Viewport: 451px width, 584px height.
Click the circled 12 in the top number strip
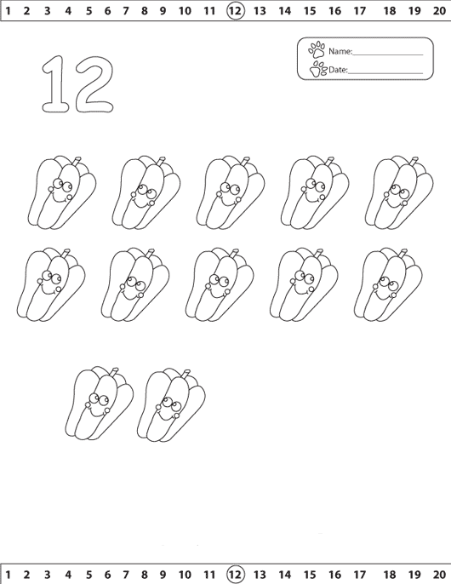(x=236, y=10)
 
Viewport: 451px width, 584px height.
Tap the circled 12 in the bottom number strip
(x=236, y=574)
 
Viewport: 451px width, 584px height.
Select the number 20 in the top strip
(x=439, y=11)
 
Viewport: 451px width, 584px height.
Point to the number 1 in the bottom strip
(x=8, y=575)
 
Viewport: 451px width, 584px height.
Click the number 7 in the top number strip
(x=125, y=11)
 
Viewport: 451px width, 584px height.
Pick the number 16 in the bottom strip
(x=334, y=575)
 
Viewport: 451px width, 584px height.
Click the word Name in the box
(x=340, y=51)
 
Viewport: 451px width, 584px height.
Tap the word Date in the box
(x=338, y=70)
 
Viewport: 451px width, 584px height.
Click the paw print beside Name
(x=317, y=49)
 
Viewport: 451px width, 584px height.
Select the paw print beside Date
(x=317, y=69)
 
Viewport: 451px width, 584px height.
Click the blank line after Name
(x=388, y=54)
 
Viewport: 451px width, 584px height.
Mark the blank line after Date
(x=385, y=73)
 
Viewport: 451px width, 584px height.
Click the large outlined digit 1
(x=55, y=83)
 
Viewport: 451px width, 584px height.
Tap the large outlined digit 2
(x=94, y=84)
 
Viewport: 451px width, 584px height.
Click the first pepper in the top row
(x=62, y=192)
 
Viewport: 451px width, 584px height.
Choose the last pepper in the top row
(x=399, y=192)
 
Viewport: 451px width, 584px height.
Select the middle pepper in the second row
(x=220, y=285)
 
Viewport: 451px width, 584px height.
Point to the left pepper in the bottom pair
(x=99, y=403)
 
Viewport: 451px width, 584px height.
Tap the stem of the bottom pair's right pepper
(x=186, y=374)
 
